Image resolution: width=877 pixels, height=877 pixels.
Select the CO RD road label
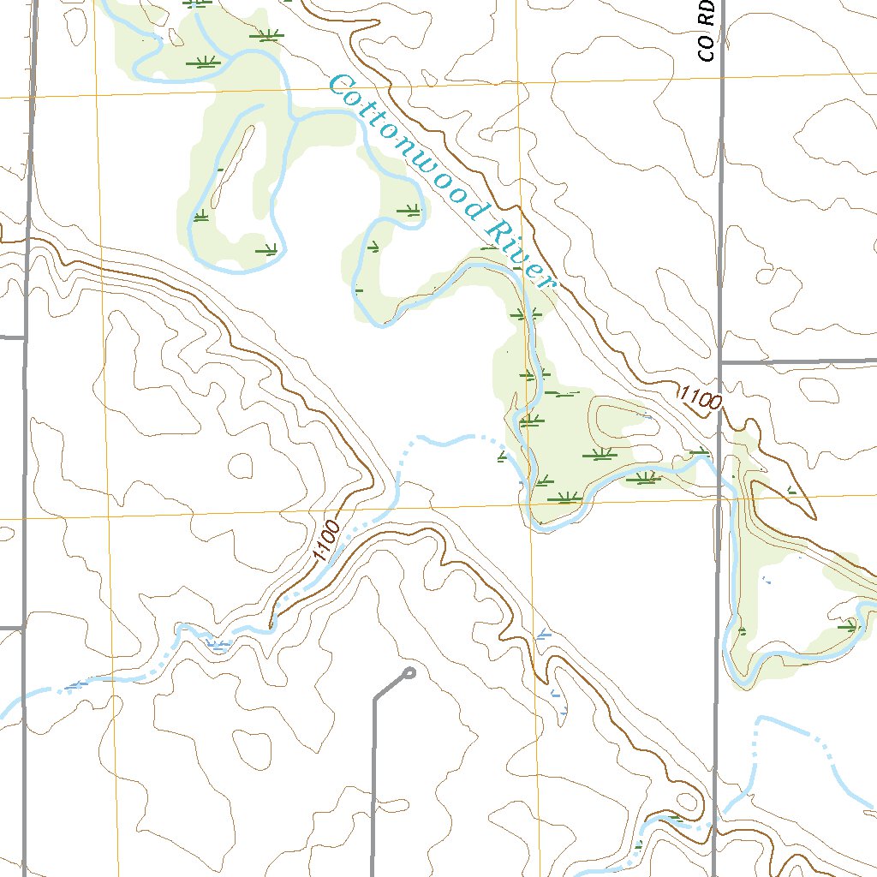706,31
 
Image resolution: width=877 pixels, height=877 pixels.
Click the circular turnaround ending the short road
409,673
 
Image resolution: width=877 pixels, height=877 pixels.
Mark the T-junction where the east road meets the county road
721,363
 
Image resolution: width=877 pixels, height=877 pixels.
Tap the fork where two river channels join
295,120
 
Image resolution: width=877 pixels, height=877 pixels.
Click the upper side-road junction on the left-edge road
26,337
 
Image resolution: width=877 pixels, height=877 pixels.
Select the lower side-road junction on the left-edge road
23,629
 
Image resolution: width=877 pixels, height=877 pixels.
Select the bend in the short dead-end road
374,698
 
